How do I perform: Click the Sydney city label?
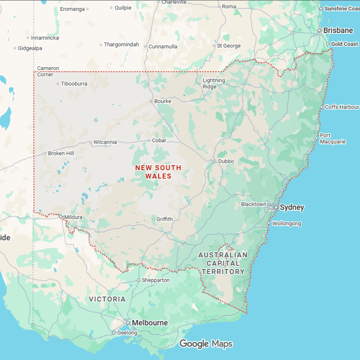click(x=292, y=207)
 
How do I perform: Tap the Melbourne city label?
click(x=150, y=323)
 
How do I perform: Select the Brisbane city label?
click(x=338, y=30)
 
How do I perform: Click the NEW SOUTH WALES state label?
click(x=158, y=172)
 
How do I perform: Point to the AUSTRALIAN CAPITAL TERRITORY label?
click(x=223, y=263)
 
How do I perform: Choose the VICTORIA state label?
click(x=107, y=299)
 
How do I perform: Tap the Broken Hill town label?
click(x=61, y=154)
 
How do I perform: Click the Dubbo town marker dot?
click(x=214, y=161)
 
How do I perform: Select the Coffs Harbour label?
click(x=342, y=107)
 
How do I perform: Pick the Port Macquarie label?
click(x=332, y=138)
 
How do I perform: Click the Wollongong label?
click(x=287, y=224)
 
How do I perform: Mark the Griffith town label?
click(x=164, y=219)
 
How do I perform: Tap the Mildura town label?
click(x=73, y=217)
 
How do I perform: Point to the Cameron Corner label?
click(x=48, y=71)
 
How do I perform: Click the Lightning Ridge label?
click(x=214, y=83)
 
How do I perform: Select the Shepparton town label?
click(x=156, y=280)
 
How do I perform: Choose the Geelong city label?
click(x=127, y=333)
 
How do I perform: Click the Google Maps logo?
click(x=206, y=344)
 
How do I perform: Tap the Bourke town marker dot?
click(x=151, y=101)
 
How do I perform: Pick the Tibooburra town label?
click(x=74, y=84)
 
